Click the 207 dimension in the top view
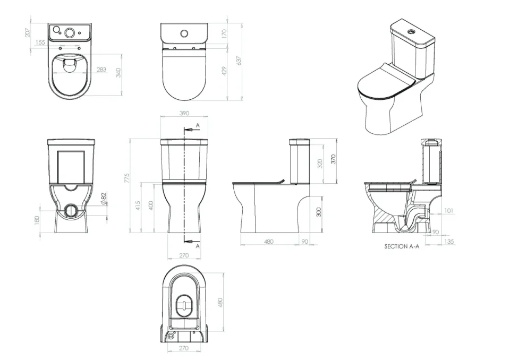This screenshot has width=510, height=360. pyautogui.click(x=27, y=32)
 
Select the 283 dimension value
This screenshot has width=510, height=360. pyautogui.click(x=101, y=70)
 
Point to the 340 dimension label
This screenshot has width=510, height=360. pyautogui.click(x=118, y=72)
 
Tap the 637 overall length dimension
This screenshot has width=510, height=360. pyautogui.click(x=239, y=61)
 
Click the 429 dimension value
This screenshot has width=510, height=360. pyautogui.click(x=224, y=71)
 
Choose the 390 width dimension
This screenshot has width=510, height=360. pyautogui.click(x=184, y=113)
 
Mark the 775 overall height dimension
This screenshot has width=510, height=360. pyautogui.click(x=126, y=179)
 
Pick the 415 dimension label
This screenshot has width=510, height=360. pyautogui.click(x=138, y=205)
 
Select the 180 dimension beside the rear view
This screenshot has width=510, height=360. pyautogui.click(x=37, y=220)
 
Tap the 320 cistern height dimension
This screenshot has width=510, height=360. pyautogui.click(x=320, y=163)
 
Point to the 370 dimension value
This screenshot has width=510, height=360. pyautogui.click(x=334, y=159)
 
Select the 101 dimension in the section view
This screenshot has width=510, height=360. pyautogui.click(x=448, y=211)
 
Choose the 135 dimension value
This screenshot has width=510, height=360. pyautogui.click(x=449, y=242)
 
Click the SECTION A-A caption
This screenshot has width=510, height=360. pyautogui.click(x=402, y=247)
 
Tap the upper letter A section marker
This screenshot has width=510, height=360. pyautogui.click(x=198, y=125)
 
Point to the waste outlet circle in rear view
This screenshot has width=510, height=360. pyautogui.click(x=70, y=209)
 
